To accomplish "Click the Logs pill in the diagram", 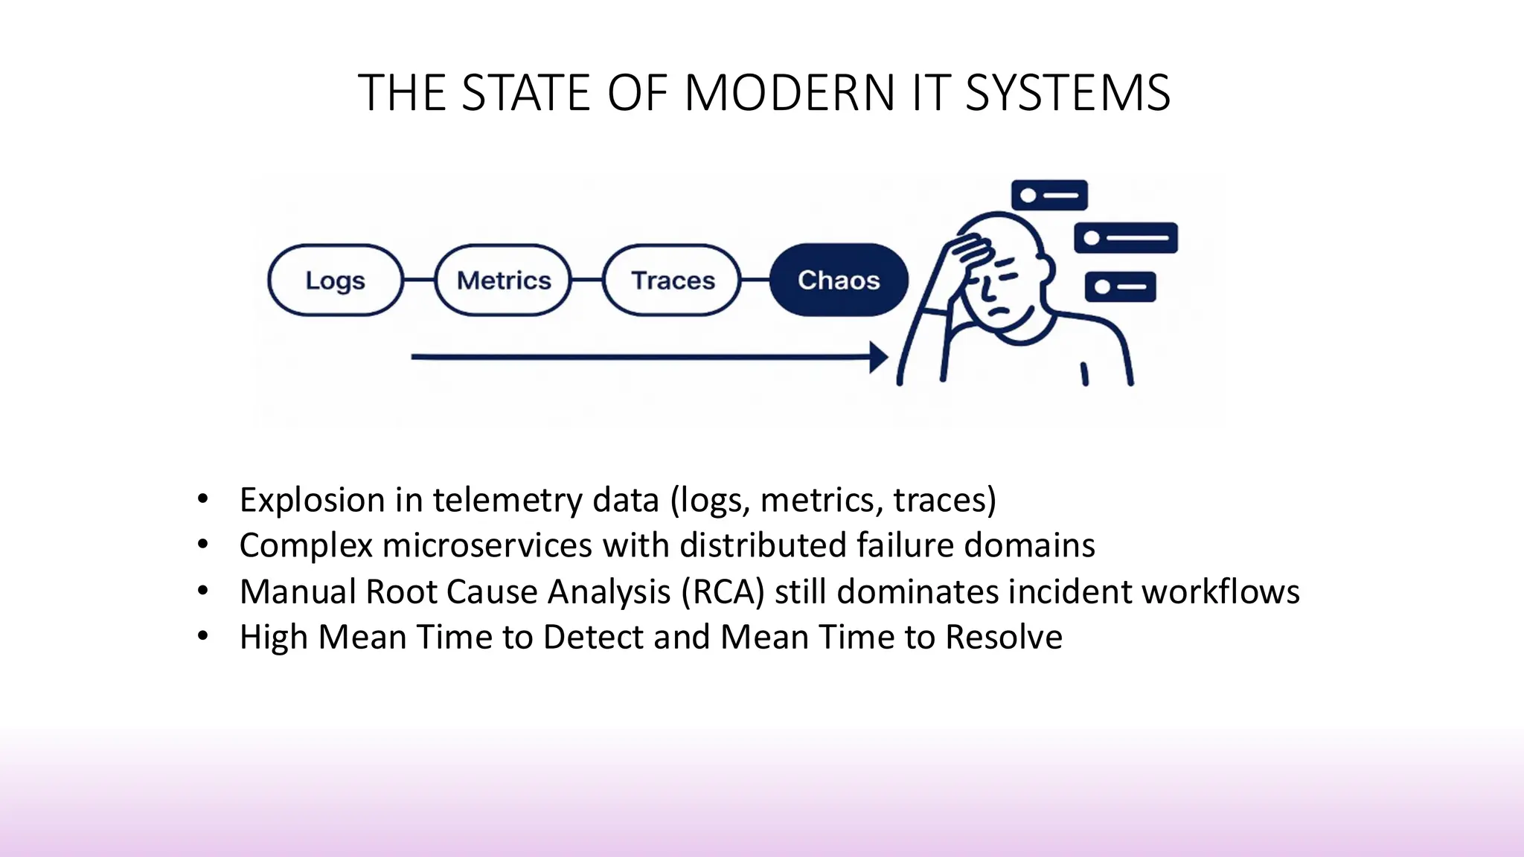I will tap(335, 280).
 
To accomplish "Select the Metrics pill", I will tap(503, 280).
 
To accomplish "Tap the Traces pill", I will tap(672, 280).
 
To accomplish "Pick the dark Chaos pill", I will tap(839, 280).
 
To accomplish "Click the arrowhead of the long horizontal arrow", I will tap(879, 357).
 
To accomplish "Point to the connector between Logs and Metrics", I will tap(419, 280).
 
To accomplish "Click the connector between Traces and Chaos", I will tap(755, 280).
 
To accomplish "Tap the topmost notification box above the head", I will tap(1049, 196).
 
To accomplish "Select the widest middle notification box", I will tap(1126, 238).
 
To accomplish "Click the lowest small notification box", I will tap(1120, 287).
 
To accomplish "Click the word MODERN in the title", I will tap(790, 94).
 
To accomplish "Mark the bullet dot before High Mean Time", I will tap(203, 637).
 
